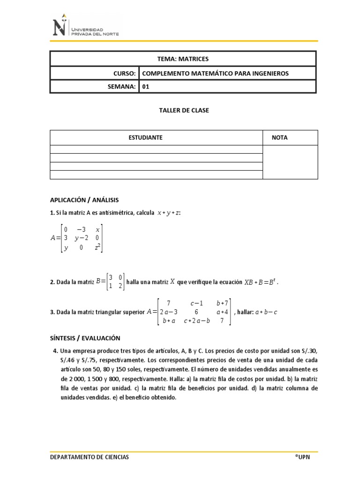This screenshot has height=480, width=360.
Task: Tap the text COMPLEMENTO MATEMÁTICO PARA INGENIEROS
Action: click(x=215, y=74)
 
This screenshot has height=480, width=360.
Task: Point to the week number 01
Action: click(x=145, y=87)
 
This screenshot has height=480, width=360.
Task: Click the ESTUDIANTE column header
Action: click(x=145, y=138)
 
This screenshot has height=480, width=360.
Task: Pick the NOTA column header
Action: click(x=280, y=138)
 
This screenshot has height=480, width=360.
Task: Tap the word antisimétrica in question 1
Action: click(x=114, y=213)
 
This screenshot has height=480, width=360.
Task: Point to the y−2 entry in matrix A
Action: click(x=82, y=238)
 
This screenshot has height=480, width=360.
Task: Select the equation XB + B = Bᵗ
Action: click(x=263, y=282)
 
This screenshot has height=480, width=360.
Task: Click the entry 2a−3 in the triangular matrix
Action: click(x=168, y=312)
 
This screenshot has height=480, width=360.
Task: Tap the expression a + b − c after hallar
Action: click(x=265, y=312)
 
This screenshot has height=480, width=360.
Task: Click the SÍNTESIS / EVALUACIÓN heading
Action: click(x=85, y=338)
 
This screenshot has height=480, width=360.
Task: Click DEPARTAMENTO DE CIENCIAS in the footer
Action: click(x=90, y=457)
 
